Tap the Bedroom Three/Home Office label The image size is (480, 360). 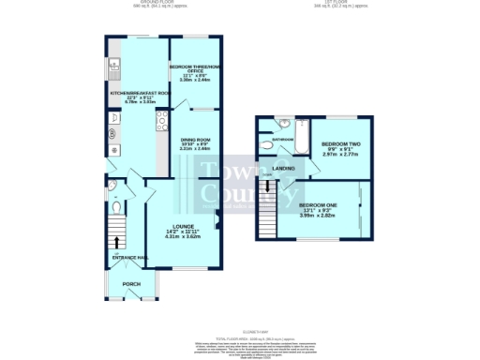pos(194,67)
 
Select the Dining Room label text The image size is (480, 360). pos(196,140)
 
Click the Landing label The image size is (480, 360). pos(284,169)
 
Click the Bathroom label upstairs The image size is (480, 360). pos(283,140)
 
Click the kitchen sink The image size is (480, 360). pos(112,65)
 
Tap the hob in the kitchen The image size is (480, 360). pos(161,118)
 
